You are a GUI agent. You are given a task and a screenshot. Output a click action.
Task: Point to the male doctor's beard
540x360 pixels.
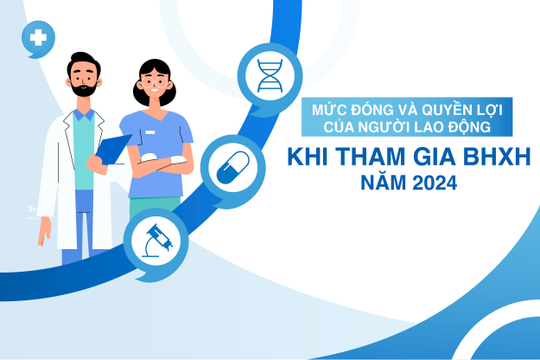coord(83,90)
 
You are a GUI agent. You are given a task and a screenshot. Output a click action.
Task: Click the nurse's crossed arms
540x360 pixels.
coord(160,159)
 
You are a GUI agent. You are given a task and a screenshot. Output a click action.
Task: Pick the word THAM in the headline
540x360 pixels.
coord(362,159)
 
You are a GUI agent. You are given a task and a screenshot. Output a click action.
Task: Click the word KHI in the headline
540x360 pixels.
coord(305,159)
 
